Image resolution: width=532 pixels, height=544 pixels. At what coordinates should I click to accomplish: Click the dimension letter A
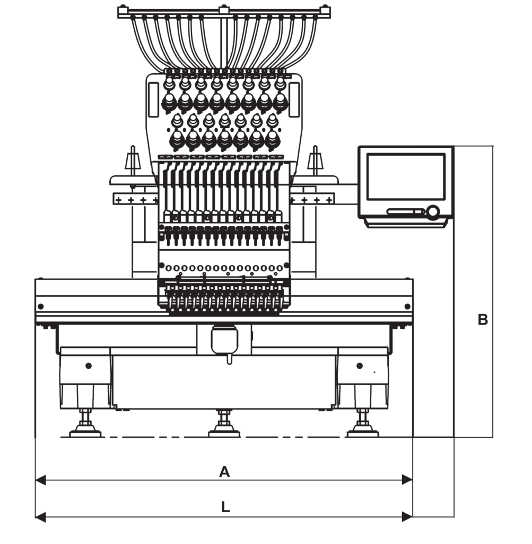[x=225, y=472]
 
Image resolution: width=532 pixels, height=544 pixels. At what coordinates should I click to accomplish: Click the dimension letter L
[x=225, y=507]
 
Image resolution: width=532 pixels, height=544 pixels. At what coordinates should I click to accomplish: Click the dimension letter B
[x=482, y=320]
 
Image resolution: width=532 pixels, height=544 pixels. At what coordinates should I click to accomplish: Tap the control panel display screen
[x=406, y=176]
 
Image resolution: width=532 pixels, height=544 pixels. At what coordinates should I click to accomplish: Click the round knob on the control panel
[x=433, y=211]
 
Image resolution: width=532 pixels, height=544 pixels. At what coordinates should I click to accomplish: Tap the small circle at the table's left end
[x=40, y=306]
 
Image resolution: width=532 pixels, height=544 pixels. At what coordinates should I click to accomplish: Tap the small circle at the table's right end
[x=407, y=306]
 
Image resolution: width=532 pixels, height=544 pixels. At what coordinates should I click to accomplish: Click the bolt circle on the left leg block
[x=88, y=365]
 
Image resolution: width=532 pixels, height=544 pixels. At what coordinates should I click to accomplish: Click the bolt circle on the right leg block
[x=360, y=365]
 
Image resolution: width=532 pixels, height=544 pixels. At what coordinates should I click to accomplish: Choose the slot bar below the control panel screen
[x=406, y=211]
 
